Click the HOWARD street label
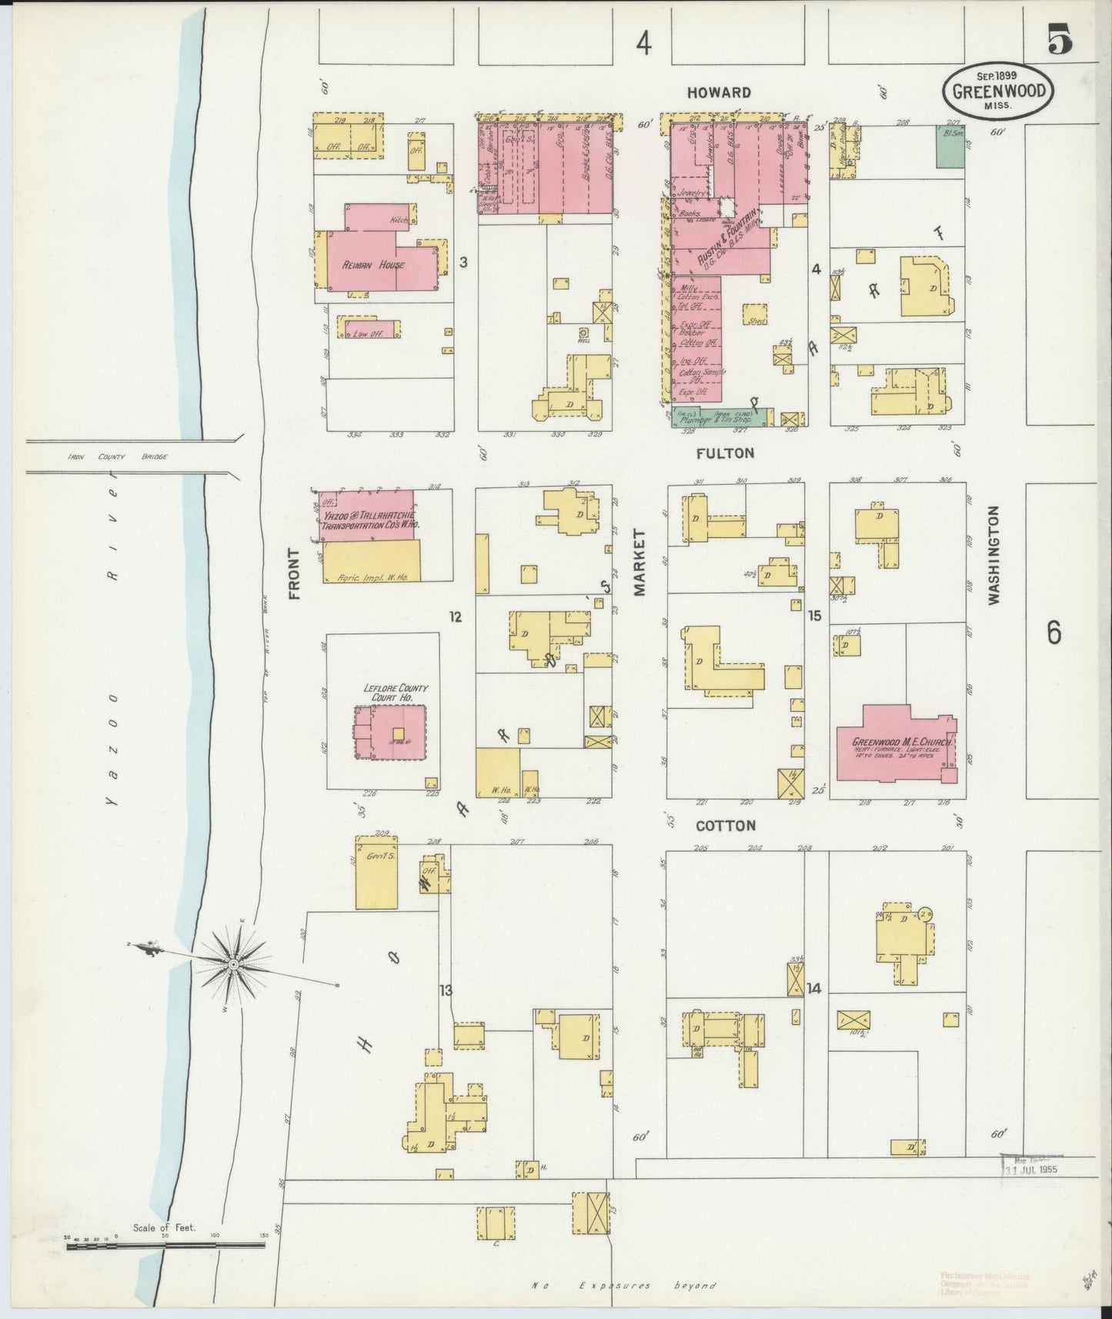719,92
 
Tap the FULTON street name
725,453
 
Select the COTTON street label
725,826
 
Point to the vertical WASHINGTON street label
993,554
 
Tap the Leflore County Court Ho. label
396,692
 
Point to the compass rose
232,963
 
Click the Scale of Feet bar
165,1244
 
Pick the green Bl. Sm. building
950,146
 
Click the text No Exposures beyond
624,1285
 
